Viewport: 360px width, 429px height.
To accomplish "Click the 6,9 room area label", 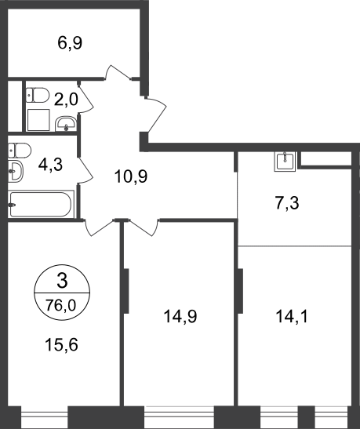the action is pos(70,43).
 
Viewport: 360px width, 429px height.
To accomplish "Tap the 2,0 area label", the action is pos(66,99).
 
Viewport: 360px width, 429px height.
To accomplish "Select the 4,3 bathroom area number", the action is pos(50,165).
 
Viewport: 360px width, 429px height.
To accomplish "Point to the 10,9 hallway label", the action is pos(131,176).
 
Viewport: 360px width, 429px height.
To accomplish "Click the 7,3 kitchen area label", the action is pos(287,203).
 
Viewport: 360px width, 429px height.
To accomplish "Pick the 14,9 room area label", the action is pos(180,317).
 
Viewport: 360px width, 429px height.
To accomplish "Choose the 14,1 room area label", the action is pos(292,317).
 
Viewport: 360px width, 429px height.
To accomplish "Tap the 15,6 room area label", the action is pos(61,344).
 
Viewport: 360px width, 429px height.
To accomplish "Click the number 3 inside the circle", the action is pos(62,281).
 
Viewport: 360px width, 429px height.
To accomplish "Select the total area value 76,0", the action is pos(60,305).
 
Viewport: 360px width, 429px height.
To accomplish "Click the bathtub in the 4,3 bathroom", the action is pos(41,204).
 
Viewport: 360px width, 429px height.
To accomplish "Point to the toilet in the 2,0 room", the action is pos(38,95).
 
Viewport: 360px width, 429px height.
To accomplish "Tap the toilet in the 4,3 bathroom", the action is pos(20,151).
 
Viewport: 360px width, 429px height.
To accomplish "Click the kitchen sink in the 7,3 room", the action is pos(285,162).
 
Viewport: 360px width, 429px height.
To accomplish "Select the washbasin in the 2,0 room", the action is pos(66,124).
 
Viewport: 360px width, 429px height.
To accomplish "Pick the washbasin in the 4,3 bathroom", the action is pos(16,172).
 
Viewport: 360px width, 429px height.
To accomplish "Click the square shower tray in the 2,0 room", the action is pos(38,120).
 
